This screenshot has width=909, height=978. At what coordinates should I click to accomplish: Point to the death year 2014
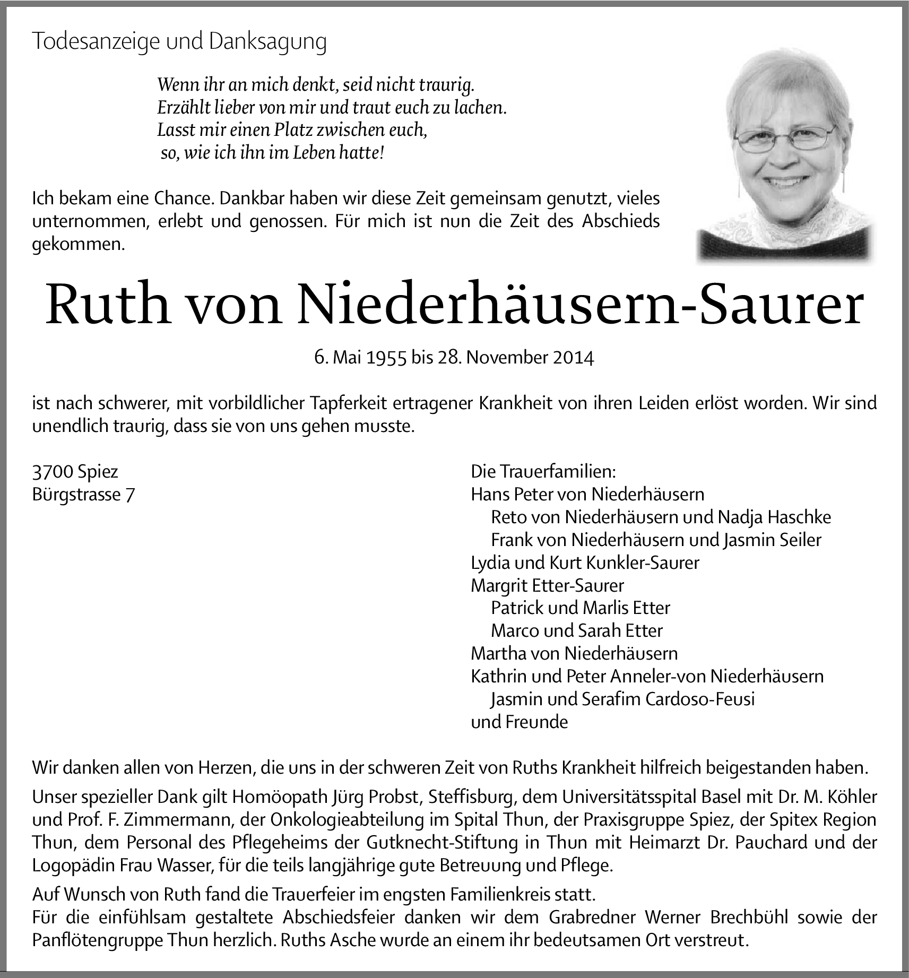pos(574,358)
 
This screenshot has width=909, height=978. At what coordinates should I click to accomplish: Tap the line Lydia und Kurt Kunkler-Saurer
pos(585,562)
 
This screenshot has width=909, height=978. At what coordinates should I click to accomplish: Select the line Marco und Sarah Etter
pos(577,630)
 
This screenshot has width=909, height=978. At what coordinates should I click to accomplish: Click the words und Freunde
pos(519,722)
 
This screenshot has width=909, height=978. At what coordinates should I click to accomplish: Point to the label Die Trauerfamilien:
pos(543,471)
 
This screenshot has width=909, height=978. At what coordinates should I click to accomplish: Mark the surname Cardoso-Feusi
pos(700,699)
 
